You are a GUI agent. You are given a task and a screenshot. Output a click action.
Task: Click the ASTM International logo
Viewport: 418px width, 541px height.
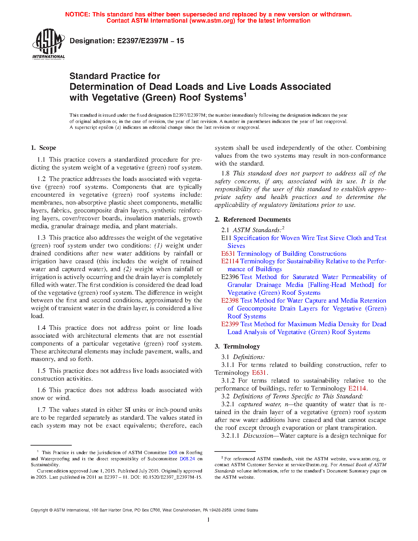(x=48, y=43)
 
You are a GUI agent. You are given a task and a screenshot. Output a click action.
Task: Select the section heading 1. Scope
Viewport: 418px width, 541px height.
(x=44, y=148)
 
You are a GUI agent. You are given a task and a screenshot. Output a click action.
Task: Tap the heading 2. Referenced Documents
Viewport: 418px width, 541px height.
(x=253, y=220)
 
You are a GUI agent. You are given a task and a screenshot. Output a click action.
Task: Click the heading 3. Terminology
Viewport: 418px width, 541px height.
(x=237, y=347)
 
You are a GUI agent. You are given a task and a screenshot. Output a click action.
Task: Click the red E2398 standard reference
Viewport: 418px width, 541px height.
(x=230, y=301)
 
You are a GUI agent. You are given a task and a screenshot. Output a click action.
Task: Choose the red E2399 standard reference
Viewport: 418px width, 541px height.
(x=230, y=324)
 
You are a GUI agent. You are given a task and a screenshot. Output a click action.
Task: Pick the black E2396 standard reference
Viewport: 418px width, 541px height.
(x=230, y=277)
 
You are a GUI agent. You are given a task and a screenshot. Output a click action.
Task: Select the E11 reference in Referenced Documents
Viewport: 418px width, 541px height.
(x=226, y=238)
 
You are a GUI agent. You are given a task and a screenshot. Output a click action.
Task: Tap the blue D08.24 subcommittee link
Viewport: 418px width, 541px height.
(x=187, y=459)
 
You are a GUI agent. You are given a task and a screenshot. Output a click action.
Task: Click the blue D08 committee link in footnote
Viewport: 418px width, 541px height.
(x=173, y=452)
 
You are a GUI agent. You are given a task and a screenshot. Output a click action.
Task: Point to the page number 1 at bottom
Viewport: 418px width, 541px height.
(x=209, y=520)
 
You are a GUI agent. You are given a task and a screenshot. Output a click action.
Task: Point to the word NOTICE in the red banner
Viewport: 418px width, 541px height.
(x=77, y=14)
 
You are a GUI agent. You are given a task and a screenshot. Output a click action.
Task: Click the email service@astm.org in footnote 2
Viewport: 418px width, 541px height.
(x=309, y=465)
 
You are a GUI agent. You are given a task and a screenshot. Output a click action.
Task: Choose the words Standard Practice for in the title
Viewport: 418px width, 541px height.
(x=115, y=76)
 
